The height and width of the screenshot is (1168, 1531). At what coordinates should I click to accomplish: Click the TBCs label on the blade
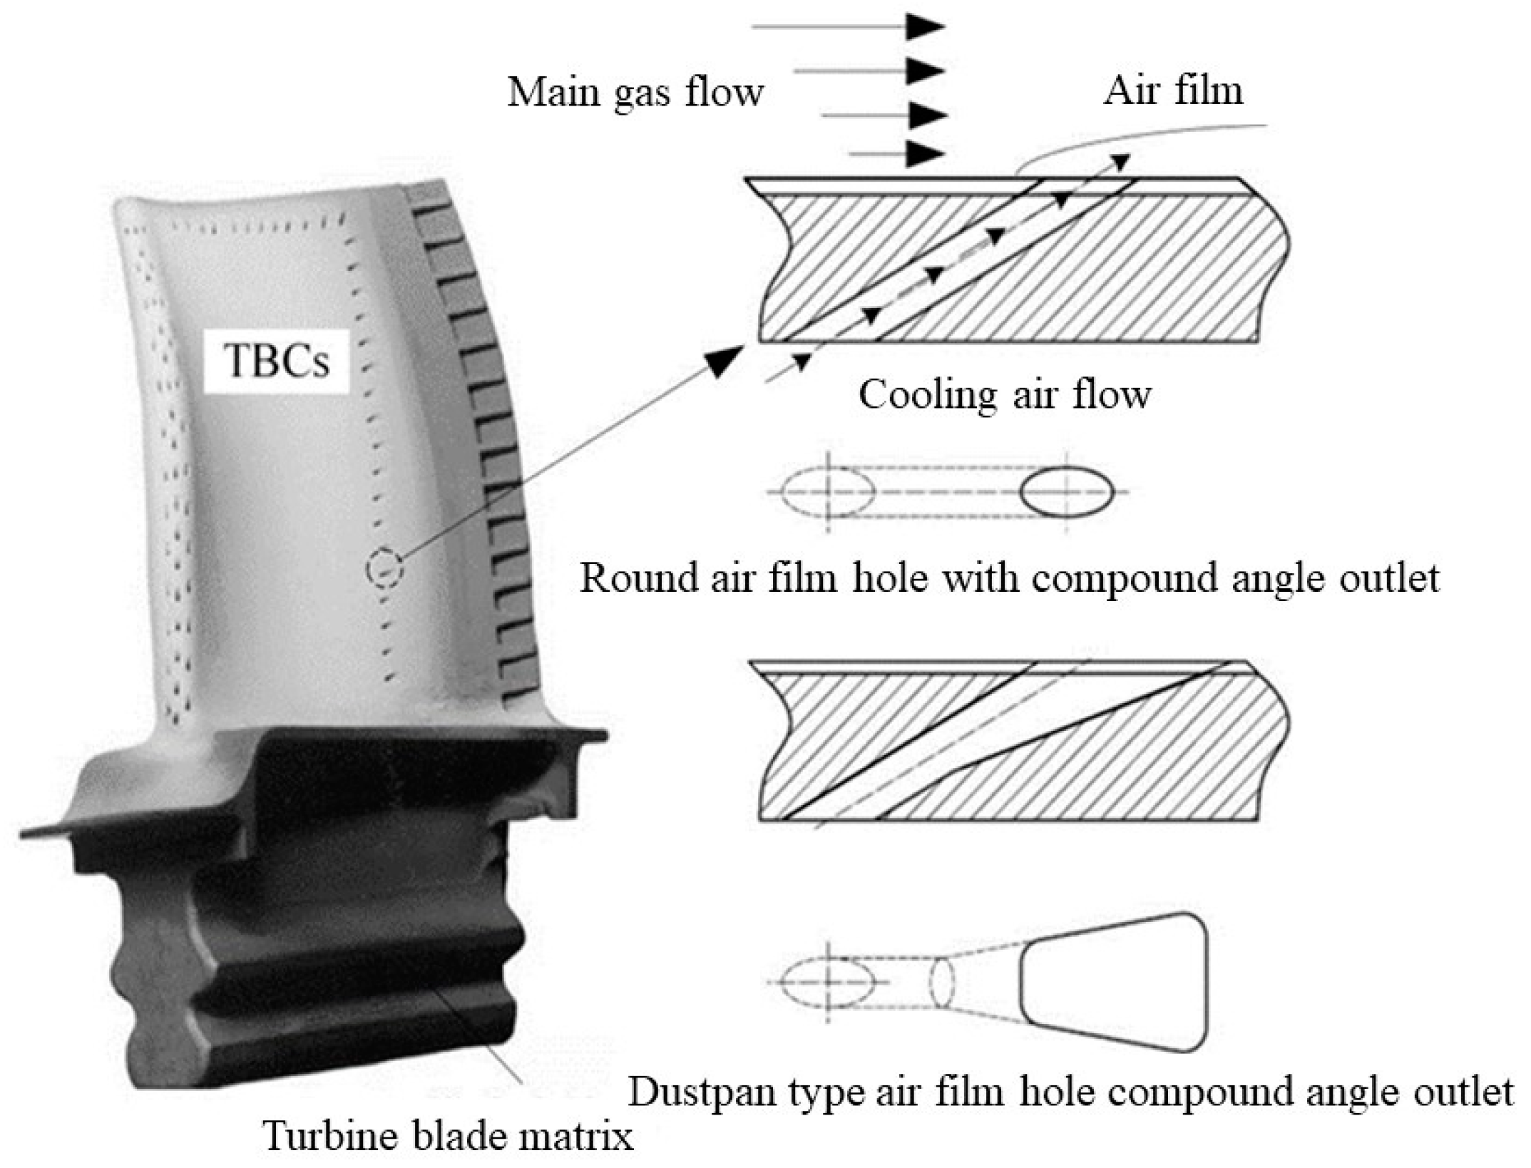(x=277, y=361)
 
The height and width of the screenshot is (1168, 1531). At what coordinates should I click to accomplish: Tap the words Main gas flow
(x=635, y=93)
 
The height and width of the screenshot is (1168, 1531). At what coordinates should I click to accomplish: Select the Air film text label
(x=1173, y=91)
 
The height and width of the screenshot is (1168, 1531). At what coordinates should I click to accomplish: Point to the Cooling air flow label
(x=1004, y=394)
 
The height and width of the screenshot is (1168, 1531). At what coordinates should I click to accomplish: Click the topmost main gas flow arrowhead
(x=925, y=26)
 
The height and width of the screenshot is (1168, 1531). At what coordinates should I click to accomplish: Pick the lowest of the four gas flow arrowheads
(x=925, y=153)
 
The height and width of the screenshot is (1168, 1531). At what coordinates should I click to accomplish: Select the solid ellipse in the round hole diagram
(x=1067, y=491)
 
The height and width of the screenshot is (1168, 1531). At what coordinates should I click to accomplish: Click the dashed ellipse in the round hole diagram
(x=828, y=491)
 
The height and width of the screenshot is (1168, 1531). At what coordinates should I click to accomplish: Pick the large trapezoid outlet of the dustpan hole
(x=1113, y=983)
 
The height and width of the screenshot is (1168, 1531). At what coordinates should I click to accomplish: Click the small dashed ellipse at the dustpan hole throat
(x=942, y=983)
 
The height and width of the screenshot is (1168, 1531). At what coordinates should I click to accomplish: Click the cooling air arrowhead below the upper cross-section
(x=802, y=362)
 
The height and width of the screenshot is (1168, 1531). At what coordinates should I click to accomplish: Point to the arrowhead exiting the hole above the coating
(x=1120, y=162)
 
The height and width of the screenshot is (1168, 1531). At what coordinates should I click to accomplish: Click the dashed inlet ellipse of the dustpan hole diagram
(x=828, y=982)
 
